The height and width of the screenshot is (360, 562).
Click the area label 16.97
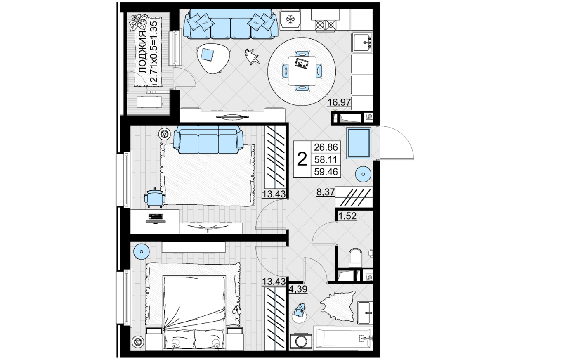pyautogui.click(x=339, y=102)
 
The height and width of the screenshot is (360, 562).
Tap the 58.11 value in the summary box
pyautogui.click(x=326, y=159)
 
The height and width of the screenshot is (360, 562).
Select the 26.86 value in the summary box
pyautogui.click(x=326, y=147)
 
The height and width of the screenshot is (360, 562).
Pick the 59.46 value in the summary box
pyautogui.click(x=326, y=172)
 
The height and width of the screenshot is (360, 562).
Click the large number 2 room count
pyautogui.click(x=302, y=159)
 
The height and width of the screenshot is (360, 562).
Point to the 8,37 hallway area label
pyautogui.click(x=326, y=192)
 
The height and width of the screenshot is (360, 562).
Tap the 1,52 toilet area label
pyautogui.click(x=347, y=216)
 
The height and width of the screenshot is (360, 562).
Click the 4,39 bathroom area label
pyautogui.click(x=298, y=289)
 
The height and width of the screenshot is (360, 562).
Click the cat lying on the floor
pyautogui.click(x=252, y=57)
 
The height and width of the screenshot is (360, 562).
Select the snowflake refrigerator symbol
pyautogui.click(x=290, y=19)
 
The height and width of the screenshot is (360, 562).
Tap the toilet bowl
pyautogui.click(x=356, y=258)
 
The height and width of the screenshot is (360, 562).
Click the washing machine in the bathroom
pyautogui.click(x=301, y=341)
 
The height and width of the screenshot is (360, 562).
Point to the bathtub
pyautogui.click(x=343, y=338)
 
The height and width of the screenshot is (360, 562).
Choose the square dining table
pyautogui.click(x=302, y=71)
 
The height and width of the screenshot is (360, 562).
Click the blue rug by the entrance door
pyautogui.click(x=359, y=143)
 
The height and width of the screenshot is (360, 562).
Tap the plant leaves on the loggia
pyautogui.click(x=139, y=22)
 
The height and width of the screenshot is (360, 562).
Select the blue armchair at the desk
pyautogui.click(x=155, y=198)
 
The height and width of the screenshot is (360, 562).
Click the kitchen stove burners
pyautogui.click(x=326, y=25)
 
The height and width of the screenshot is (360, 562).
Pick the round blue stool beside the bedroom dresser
pyautogui.click(x=142, y=251)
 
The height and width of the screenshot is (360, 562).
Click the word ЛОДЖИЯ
pyautogui.click(x=142, y=52)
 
